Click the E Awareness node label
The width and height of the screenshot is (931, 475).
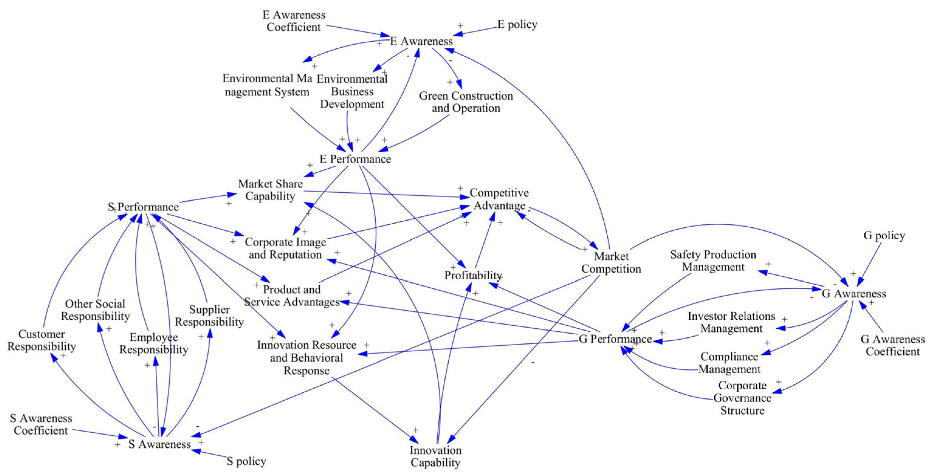[421, 41]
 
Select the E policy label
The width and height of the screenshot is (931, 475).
[517, 24]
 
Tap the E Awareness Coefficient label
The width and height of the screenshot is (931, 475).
[294, 21]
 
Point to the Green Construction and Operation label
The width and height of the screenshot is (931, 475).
[466, 102]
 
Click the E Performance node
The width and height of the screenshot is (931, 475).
[355, 159]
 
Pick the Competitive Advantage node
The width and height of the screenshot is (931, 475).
[499, 199]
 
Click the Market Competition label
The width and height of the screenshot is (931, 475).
[611, 263]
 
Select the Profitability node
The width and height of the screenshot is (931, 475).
[472, 275]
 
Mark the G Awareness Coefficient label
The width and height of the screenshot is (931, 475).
[893, 345]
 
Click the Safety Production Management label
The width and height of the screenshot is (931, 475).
[713, 261]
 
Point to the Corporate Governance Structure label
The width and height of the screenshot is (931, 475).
[742, 398]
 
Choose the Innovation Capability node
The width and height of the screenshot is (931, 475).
[436, 456]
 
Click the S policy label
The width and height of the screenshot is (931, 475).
[247, 461]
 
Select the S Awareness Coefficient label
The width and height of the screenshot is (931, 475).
[41, 424]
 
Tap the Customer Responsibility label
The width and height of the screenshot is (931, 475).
[42, 340]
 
